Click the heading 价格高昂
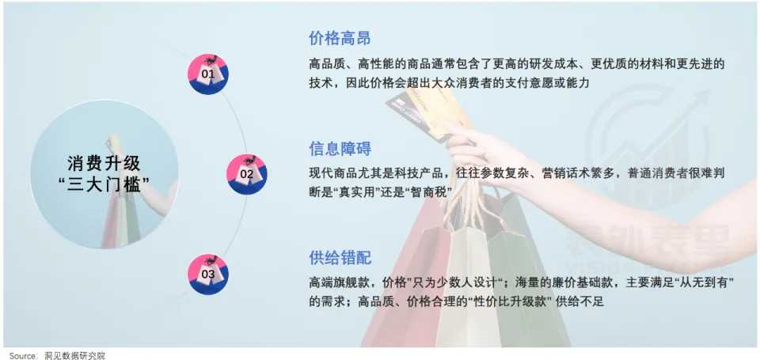340,38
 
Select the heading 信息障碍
340,149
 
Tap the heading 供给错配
340,258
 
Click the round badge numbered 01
208,74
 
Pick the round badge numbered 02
247,174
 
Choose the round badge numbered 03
208,275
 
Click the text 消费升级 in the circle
104,164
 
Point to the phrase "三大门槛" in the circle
104,184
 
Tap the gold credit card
428,112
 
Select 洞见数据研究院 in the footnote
74,356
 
